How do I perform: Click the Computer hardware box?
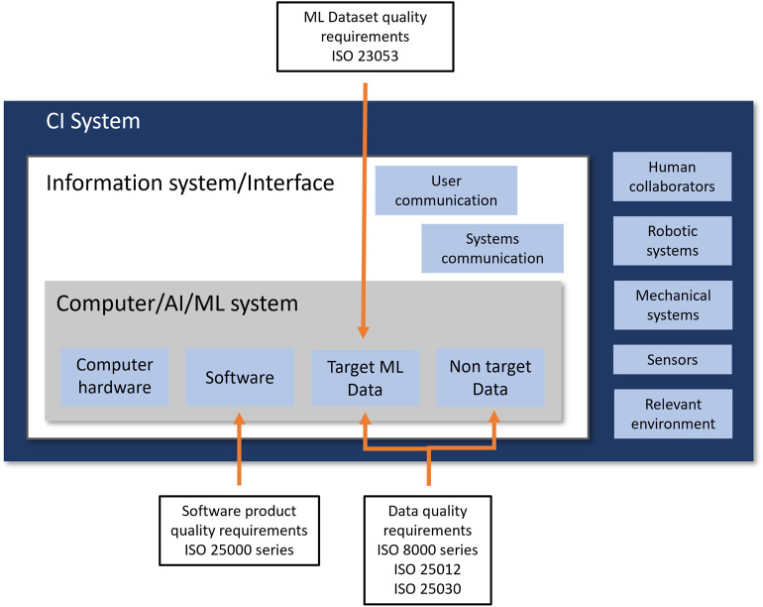pyautogui.click(x=115, y=377)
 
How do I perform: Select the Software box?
pyautogui.click(x=240, y=377)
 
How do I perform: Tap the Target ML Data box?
pyautogui.click(x=365, y=378)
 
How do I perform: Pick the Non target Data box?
pyautogui.click(x=490, y=377)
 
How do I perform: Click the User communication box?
pyautogui.click(x=446, y=190)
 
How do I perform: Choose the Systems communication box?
pyautogui.click(x=492, y=248)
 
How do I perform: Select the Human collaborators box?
pyautogui.click(x=672, y=177)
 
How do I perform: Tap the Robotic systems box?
pyautogui.click(x=673, y=241)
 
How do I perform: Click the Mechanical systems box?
pyautogui.click(x=673, y=304)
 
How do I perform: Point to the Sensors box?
pyautogui.click(x=673, y=359)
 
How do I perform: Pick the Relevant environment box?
pyautogui.click(x=673, y=414)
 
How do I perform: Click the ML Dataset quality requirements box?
pyautogui.click(x=366, y=37)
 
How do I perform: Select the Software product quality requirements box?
pyautogui.click(x=240, y=531)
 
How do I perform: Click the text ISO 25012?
pyautogui.click(x=427, y=569)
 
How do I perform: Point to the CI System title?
pyautogui.click(x=93, y=121)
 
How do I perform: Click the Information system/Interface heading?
pyautogui.click(x=190, y=183)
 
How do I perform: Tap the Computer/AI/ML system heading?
pyautogui.click(x=177, y=303)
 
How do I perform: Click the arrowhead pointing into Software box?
pyautogui.click(x=239, y=419)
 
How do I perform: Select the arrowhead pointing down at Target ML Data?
pyautogui.click(x=363, y=332)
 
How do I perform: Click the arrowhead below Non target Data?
pyautogui.click(x=493, y=417)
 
